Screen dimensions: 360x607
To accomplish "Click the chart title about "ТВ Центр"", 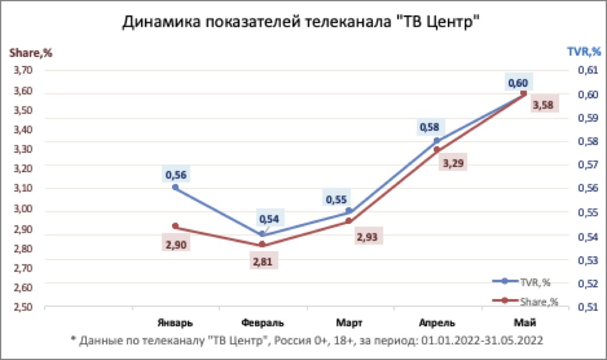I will click(303, 22).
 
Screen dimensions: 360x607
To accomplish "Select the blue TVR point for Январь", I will click(175, 187).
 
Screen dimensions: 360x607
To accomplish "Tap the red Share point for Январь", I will click(175, 226).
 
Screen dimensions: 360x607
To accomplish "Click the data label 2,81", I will click(262, 261).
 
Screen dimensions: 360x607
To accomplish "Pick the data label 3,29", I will click(452, 164).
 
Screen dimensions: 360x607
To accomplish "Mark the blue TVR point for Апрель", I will click(436, 141).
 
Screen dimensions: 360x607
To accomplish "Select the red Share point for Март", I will click(349, 221).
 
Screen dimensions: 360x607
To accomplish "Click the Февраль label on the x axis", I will click(262, 323).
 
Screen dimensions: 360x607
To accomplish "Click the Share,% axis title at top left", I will click(30, 53).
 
